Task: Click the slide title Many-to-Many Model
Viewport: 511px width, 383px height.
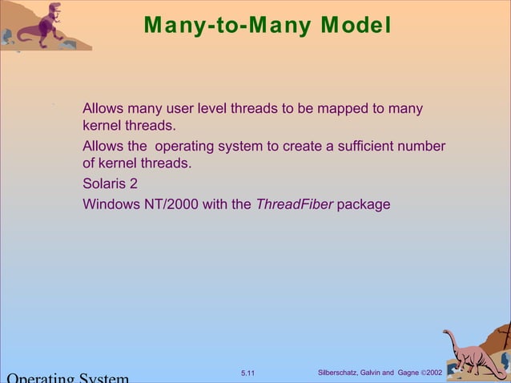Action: [268, 26]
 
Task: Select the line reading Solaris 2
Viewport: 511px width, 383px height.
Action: [110, 183]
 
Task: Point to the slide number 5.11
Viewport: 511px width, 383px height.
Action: [247, 373]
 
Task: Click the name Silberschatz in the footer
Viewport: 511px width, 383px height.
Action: [340, 373]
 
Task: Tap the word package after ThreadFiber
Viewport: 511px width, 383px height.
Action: [364, 204]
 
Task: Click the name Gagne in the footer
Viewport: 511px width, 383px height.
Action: [408, 373]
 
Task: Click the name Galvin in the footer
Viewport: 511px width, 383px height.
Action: [372, 373]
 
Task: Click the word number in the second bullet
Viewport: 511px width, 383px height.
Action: [422, 147]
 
